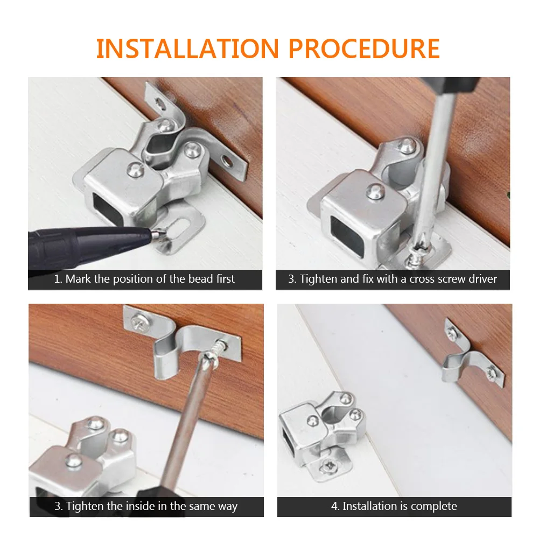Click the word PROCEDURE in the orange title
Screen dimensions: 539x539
365,48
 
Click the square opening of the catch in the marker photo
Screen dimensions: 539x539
107,208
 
